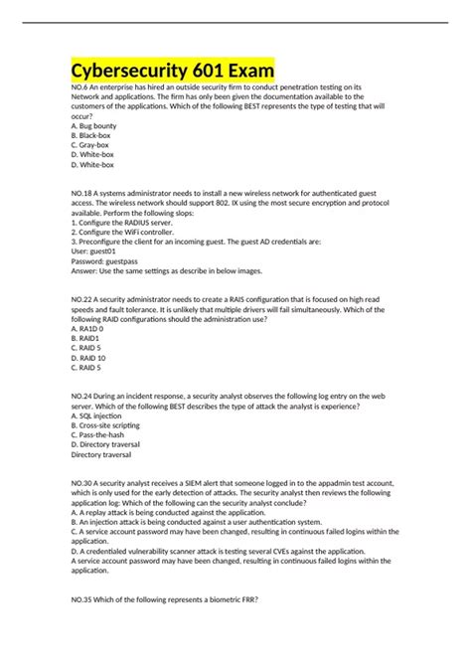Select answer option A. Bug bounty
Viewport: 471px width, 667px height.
97,126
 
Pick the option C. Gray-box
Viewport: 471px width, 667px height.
94,145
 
